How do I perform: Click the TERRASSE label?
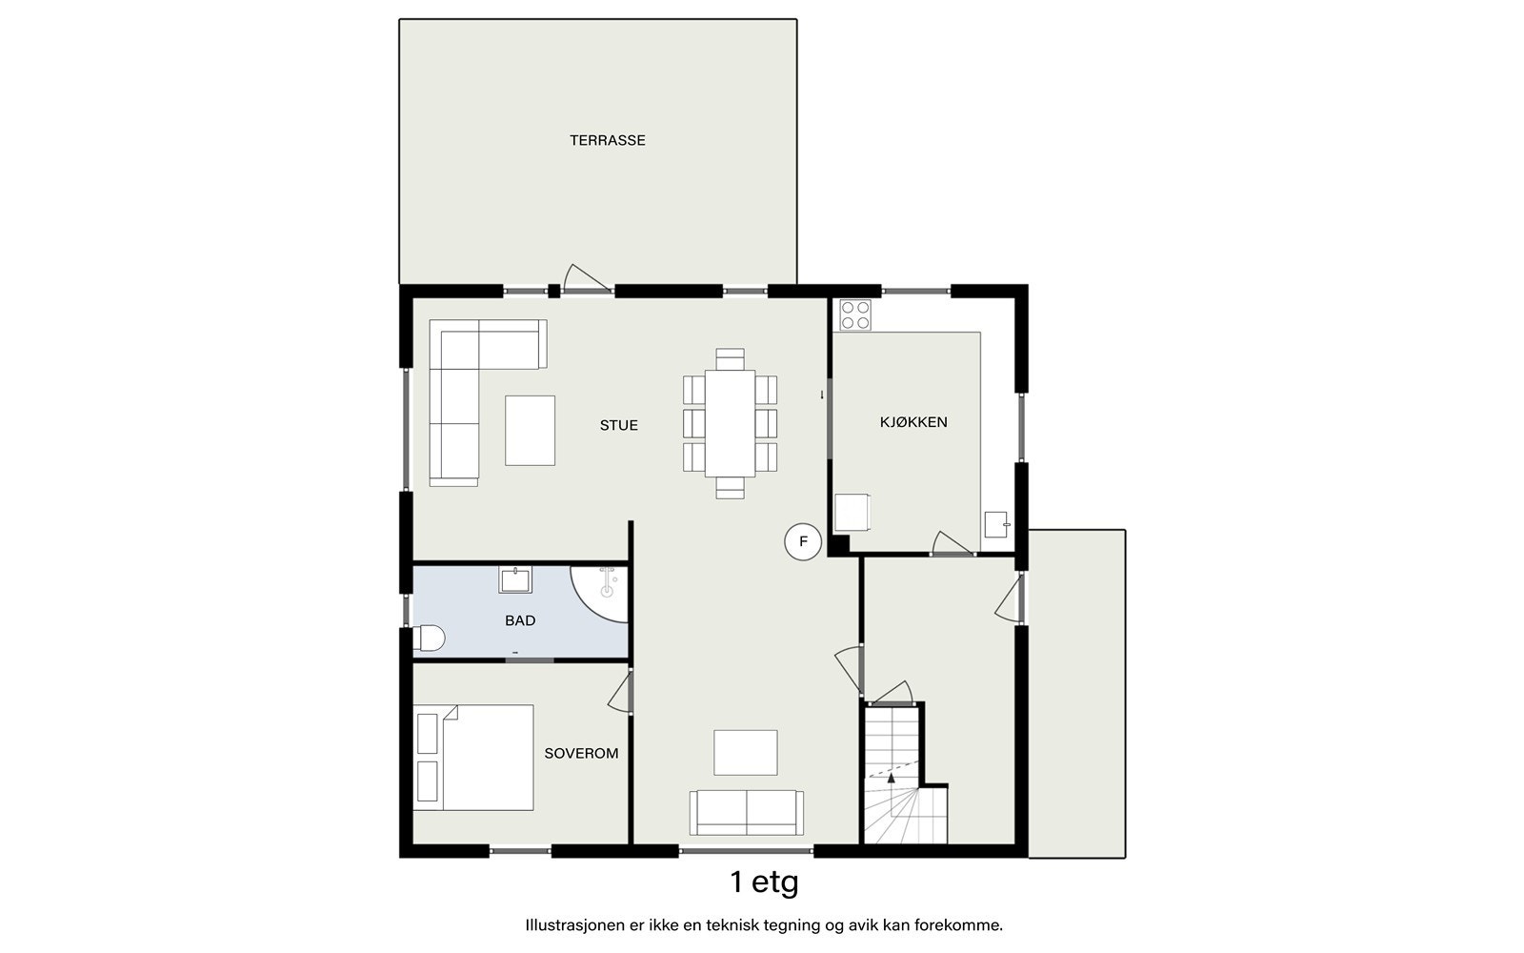tap(607, 140)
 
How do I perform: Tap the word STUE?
tap(618, 425)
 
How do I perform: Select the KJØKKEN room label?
tap(913, 422)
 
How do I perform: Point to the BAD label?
tap(520, 620)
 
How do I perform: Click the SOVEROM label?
tap(581, 754)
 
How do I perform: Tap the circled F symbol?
tap(803, 542)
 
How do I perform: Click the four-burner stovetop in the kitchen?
tap(855, 314)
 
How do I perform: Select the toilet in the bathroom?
tap(429, 639)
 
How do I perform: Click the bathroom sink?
tap(515, 580)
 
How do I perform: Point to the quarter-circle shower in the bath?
tap(599, 594)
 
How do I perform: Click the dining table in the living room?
tap(730, 423)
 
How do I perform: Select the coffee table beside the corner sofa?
tap(530, 431)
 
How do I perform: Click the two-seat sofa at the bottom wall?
tap(747, 813)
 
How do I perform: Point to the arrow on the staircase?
tap(892, 778)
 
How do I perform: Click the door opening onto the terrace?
tap(588, 279)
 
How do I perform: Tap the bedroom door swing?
tap(620, 691)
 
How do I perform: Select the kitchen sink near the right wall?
tap(996, 525)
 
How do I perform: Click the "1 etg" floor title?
tap(764, 882)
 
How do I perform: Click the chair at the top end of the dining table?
tap(730, 358)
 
